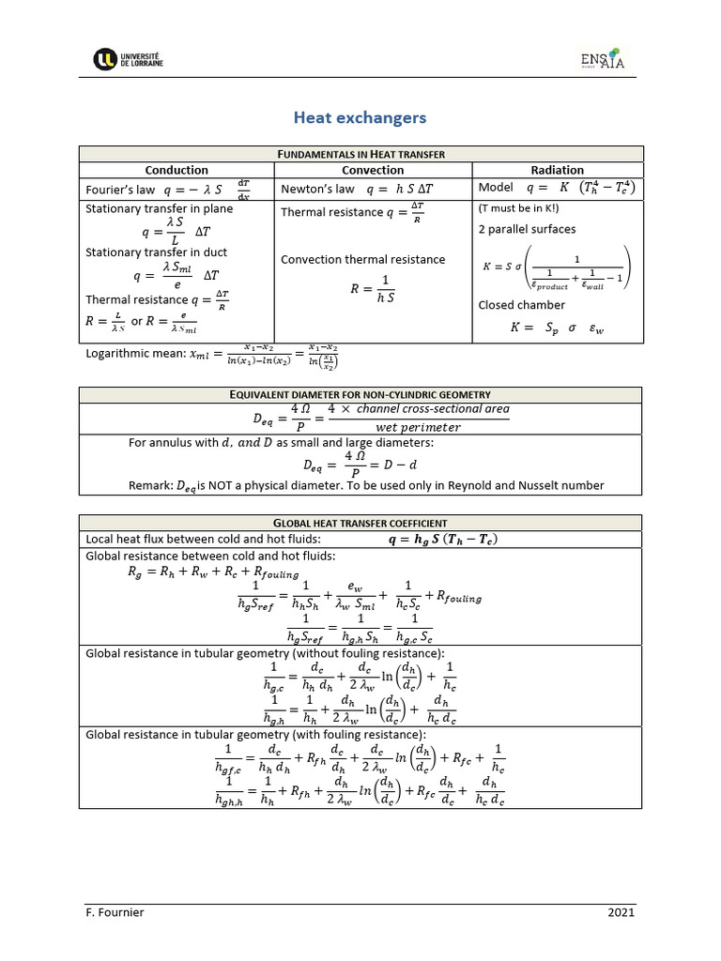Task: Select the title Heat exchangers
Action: tap(360, 117)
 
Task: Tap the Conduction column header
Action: tap(176, 170)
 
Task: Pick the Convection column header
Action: tap(373, 170)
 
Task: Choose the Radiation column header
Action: tap(557, 170)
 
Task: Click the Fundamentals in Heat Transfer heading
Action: tap(361, 154)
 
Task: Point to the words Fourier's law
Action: tap(120, 189)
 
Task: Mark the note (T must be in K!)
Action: tap(518, 208)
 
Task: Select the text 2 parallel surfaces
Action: tap(527, 229)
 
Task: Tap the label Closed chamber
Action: tap(521, 305)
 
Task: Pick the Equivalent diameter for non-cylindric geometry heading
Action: tap(361, 395)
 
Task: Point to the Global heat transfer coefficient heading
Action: tap(361, 523)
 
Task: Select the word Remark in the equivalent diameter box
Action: tap(148, 485)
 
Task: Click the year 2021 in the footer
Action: tap(621, 912)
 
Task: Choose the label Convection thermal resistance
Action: tap(363, 259)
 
